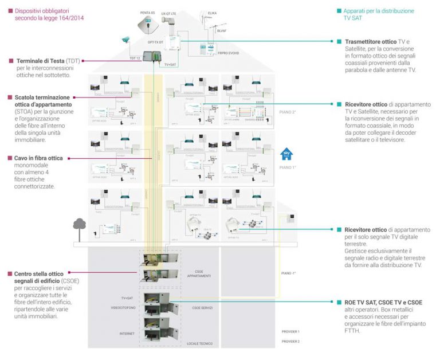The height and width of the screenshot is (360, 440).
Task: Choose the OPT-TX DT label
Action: click(x=156, y=42)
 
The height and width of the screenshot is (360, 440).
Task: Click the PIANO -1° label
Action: click(x=289, y=273)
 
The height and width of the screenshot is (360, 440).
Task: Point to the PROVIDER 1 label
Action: click(x=290, y=331)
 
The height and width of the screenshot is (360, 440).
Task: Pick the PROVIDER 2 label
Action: click(x=290, y=341)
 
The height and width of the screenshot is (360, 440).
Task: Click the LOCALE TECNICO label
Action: click(x=199, y=343)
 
